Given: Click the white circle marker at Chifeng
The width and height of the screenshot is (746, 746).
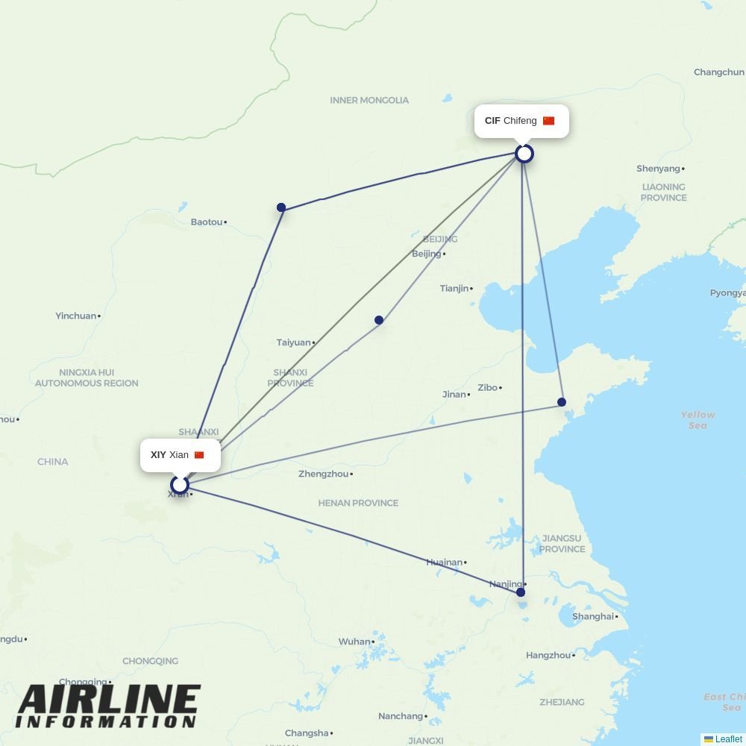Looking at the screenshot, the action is [524, 154].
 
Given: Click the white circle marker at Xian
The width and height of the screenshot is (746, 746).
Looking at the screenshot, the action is [179, 486].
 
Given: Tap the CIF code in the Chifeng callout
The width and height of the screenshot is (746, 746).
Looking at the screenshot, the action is [492, 121].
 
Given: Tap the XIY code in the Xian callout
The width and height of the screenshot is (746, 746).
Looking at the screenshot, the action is [158, 455].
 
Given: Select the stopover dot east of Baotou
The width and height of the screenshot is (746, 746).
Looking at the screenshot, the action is [281, 207].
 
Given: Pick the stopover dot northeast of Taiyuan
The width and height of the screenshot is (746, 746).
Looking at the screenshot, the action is [379, 320].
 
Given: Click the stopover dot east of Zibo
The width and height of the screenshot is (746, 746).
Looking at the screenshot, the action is [562, 402].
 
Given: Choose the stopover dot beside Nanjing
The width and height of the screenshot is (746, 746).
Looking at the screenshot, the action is [521, 592].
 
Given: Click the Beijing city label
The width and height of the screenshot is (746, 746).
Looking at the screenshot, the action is [426, 254].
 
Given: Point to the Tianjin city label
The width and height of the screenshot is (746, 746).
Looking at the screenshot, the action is [454, 289].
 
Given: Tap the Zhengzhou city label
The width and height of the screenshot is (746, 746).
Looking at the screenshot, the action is [323, 474].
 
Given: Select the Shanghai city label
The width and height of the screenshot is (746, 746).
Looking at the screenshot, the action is [592, 616].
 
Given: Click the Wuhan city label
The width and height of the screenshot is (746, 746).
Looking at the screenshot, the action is [354, 642].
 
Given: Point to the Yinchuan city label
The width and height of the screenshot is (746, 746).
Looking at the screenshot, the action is [75, 316].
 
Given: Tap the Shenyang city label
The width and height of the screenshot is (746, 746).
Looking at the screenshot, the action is [658, 169].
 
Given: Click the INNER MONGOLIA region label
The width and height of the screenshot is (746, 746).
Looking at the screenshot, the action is [369, 100].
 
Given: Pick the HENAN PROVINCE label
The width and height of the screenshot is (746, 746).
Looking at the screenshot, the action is [358, 503].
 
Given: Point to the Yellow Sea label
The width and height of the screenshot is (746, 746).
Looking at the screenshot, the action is [698, 420].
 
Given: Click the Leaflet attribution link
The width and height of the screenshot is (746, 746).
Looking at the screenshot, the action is [728, 739].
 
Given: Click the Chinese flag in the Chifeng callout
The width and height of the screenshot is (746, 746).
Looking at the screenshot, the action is [548, 121].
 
